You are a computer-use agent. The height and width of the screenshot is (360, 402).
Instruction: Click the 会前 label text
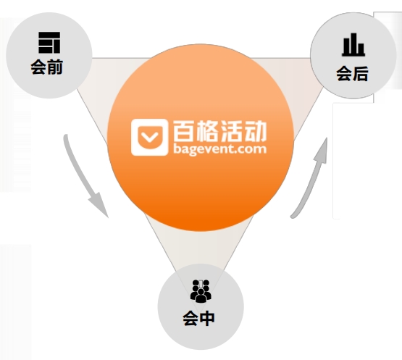pyautogui.click(x=47, y=67)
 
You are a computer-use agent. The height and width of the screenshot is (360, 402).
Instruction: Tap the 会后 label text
pyautogui.click(x=352, y=74)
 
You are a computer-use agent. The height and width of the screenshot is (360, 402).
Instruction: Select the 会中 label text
pyautogui.click(x=198, y=319)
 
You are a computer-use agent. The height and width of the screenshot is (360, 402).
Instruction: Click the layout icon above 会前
pyautogui.click(x=49, y=43)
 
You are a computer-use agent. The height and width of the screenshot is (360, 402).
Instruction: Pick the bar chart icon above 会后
pyautogui.click(x=353, y=45)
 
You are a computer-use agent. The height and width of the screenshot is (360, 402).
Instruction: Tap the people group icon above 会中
pyautogui.click(x=201, y=291)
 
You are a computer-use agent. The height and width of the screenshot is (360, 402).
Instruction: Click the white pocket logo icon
pyautogui.click(x=150, y=137)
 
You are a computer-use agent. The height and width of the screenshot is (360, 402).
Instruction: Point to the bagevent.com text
pyautogui.click(x=220, y=149)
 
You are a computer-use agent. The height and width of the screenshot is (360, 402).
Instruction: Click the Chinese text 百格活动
pyautogui.click(x=220, y=131)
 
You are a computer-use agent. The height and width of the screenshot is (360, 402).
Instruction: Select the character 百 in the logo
pyautogui.click(x=184, y=131)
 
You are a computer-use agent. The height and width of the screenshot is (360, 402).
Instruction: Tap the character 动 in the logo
pyautogui.click(x=256, y=131)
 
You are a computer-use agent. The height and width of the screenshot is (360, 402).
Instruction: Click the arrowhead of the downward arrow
pyautogui.click(x=99, y=204)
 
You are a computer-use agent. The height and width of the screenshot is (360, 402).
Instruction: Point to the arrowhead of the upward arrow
pyautogui.click(x=322, y=151)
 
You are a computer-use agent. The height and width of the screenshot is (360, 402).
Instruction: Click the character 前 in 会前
pyautogui.click(x=55, y=67)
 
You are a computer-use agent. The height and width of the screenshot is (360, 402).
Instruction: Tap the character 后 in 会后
pyautogui.click(x=361, y=74)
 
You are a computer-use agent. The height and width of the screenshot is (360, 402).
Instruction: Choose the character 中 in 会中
pyautogui.click(x=207, y=319)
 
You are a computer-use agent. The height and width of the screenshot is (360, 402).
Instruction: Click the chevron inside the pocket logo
pyautogui.click(x=150, y=137)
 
